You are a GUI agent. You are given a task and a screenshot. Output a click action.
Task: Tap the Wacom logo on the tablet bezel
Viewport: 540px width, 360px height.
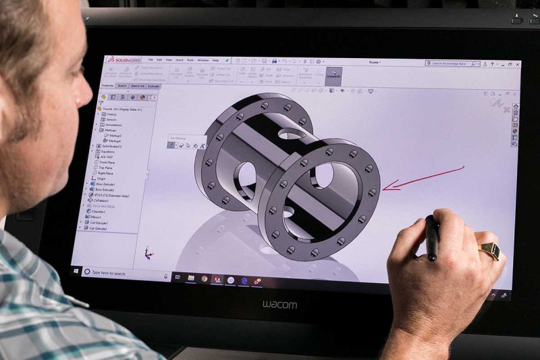click(x=279, y=305)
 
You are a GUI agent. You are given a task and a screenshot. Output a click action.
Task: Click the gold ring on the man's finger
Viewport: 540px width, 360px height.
click(x=491, y=251)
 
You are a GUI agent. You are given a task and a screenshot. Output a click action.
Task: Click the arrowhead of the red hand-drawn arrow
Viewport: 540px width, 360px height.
click(x=384, y=188)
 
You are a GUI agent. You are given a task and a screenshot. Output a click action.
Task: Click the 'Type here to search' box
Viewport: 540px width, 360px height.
click(x=111, y=273)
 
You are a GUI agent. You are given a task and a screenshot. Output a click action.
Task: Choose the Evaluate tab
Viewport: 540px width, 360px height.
click(x=154, y=86)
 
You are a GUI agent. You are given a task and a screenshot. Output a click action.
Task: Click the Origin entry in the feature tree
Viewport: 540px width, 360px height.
click(x=103, y=178)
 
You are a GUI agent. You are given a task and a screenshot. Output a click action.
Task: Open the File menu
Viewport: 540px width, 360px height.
click(x=150, y=60)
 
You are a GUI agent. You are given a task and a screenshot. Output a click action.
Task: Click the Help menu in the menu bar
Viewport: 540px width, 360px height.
click(x=215, y=60)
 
